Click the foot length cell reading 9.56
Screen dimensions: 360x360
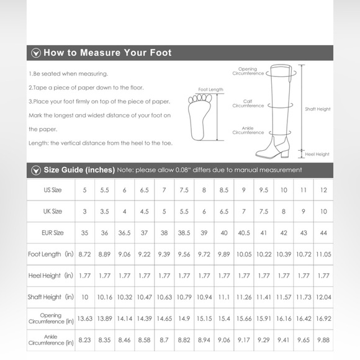tap(184, 254)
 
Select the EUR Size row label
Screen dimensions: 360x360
tap(53, 233)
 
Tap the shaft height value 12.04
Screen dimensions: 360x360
tap(323, 297)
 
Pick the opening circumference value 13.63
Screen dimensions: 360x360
tap(84, 318)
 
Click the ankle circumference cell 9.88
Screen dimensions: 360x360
tap(323, 340)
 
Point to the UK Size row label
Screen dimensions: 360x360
tap(53, 211)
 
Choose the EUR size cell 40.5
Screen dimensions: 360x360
tap(244, 233)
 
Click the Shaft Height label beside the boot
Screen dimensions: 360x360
tap(318, 109)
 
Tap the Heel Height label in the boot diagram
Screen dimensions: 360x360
tap(317, 155)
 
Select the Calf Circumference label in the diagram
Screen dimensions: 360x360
tap(248, 104)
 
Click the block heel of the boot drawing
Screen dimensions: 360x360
tap(285, 153)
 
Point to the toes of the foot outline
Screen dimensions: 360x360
tap(200, 99)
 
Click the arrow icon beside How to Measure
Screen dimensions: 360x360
tap(36, 53)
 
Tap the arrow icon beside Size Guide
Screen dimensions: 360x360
tap(36, 170)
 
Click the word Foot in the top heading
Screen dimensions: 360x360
tap(161, 53)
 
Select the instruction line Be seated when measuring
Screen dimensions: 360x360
tap(68, 74)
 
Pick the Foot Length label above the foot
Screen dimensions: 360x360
tap(211, 89)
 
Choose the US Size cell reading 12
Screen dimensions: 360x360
tap(323, 190)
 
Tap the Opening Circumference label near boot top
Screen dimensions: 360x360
tap(248, 71)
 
